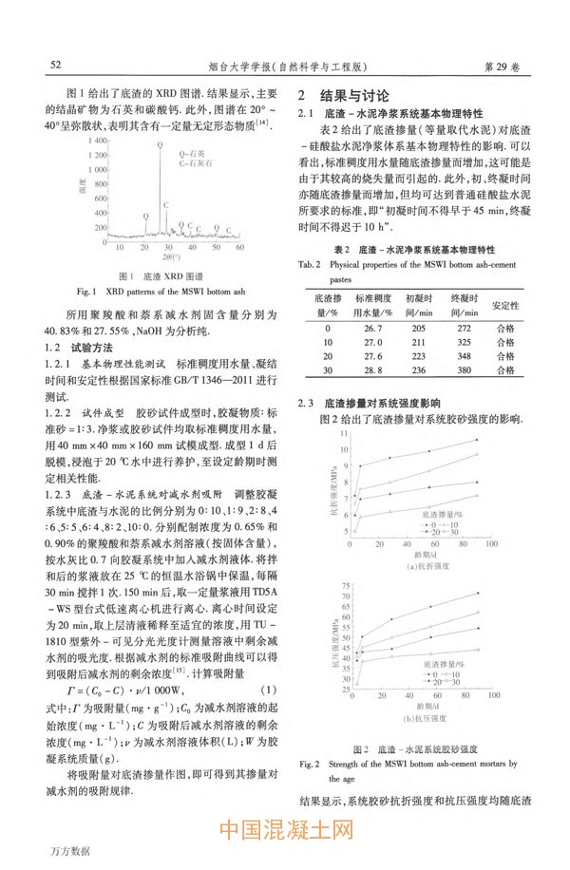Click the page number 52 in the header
click(55, 66)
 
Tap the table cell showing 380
click(465, 370)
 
